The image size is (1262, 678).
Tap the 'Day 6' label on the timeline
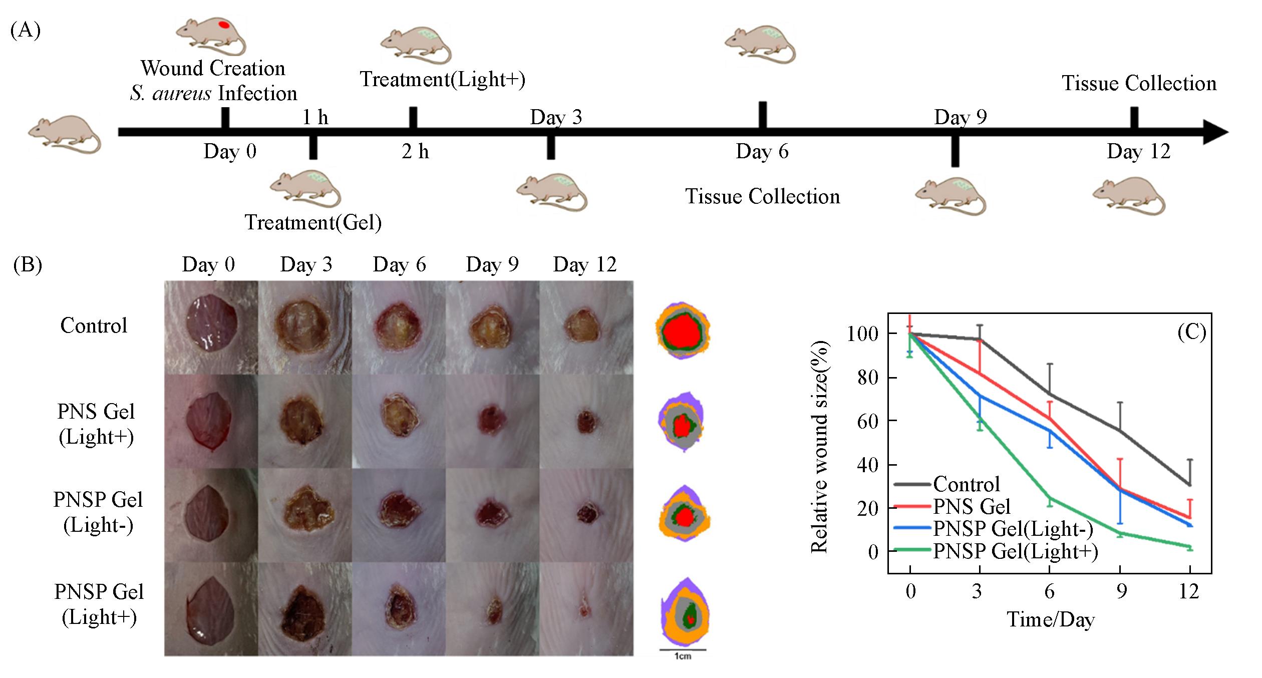762,152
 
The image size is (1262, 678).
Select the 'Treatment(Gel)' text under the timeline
313,222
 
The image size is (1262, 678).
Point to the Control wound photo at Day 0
211,327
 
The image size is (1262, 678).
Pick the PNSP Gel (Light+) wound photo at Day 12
586,609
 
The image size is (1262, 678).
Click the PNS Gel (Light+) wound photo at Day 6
399,421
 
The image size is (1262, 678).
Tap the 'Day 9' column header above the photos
492,264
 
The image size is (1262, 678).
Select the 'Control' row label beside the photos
94,326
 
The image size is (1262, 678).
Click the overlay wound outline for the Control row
683,330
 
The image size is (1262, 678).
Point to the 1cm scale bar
682,650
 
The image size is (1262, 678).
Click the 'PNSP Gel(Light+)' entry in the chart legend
1016,551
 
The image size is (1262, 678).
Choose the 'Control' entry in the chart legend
966,484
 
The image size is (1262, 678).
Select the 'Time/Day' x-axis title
1051,620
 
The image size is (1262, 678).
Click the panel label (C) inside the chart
1191,332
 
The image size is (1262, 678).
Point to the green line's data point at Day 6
1050,498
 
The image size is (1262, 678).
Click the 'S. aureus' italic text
170,94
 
